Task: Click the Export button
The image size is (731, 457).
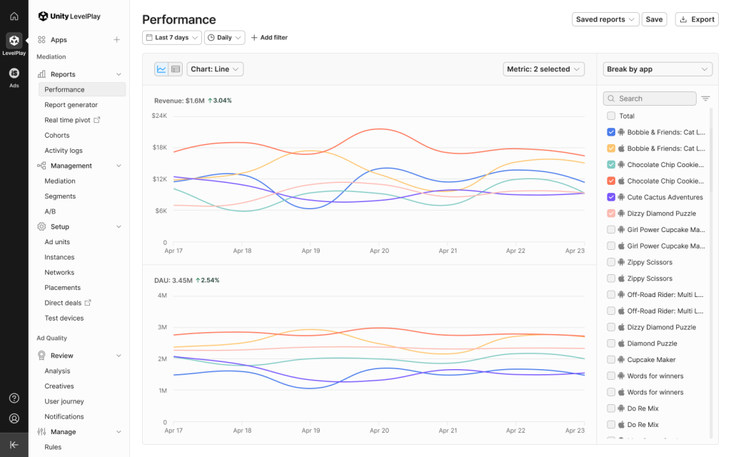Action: click(696, 19)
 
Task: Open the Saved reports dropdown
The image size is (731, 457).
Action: click(605, 19)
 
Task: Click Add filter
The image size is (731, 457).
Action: click(269, 37)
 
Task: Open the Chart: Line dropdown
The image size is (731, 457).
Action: click(216, 69)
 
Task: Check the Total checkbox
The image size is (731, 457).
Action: click(611, 116)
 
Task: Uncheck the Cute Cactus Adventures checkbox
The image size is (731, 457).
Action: click(611, 197)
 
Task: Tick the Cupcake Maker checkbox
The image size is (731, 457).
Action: click(611, 360)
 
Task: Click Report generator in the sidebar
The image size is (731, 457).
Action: click(71, 105)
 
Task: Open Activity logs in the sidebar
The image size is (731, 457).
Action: click(64, 151)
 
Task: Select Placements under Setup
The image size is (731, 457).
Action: click(63, 288)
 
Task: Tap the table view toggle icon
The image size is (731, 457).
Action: click(176, 69)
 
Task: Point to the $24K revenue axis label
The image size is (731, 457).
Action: click(159, 116)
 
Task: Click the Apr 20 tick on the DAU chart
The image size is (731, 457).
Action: click(379, 431)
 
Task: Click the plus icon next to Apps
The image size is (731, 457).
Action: click(116, 40)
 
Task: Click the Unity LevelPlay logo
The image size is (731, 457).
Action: click(74, 16)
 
